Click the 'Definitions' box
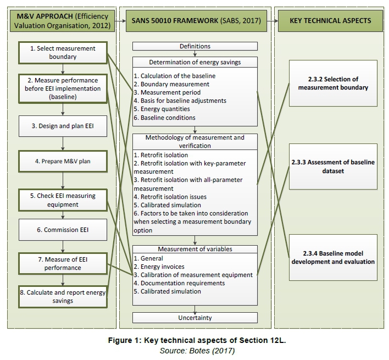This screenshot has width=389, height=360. [x=194, y=46]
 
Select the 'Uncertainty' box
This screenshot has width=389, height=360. [x=194, y=318]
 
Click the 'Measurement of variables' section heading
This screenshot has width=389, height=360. [x=194, y=249]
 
